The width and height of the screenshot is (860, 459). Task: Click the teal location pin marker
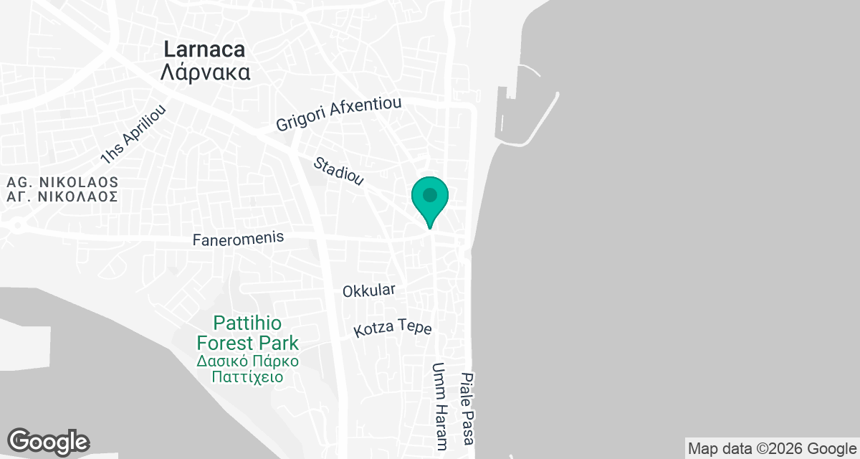point(429,200)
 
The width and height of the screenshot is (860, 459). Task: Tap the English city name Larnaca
point(204,49)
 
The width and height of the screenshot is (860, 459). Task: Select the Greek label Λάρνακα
point(204,72)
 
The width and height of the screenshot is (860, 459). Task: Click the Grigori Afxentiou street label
point(338,114)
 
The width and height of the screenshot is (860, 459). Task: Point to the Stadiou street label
point(340,173)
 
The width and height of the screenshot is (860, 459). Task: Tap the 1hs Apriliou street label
point(133,134)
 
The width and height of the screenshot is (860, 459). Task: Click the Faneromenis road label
point(238,239)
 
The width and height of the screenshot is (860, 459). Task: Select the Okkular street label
point(368,290)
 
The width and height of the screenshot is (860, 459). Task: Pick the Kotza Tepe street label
point(393,329)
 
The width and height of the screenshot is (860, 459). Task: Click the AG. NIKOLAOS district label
point(62,182)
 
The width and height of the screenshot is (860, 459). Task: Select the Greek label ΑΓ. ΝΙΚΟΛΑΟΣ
point(62,197)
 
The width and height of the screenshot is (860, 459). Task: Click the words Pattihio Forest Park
point(249,333)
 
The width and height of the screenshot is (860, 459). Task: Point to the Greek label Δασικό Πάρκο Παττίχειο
point(249,368)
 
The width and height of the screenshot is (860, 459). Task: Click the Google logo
point(48,441)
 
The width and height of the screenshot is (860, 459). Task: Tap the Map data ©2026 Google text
point(772,449)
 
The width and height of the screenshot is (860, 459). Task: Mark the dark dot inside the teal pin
point(429,194)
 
